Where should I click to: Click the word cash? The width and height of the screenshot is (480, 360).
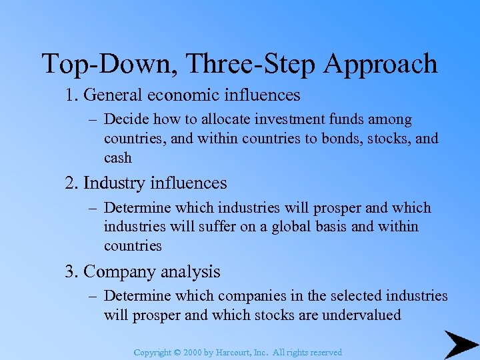118,158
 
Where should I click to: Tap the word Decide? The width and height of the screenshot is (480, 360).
127,120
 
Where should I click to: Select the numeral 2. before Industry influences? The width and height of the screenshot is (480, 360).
72,183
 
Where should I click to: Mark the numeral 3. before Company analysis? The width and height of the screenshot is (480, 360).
72,271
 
